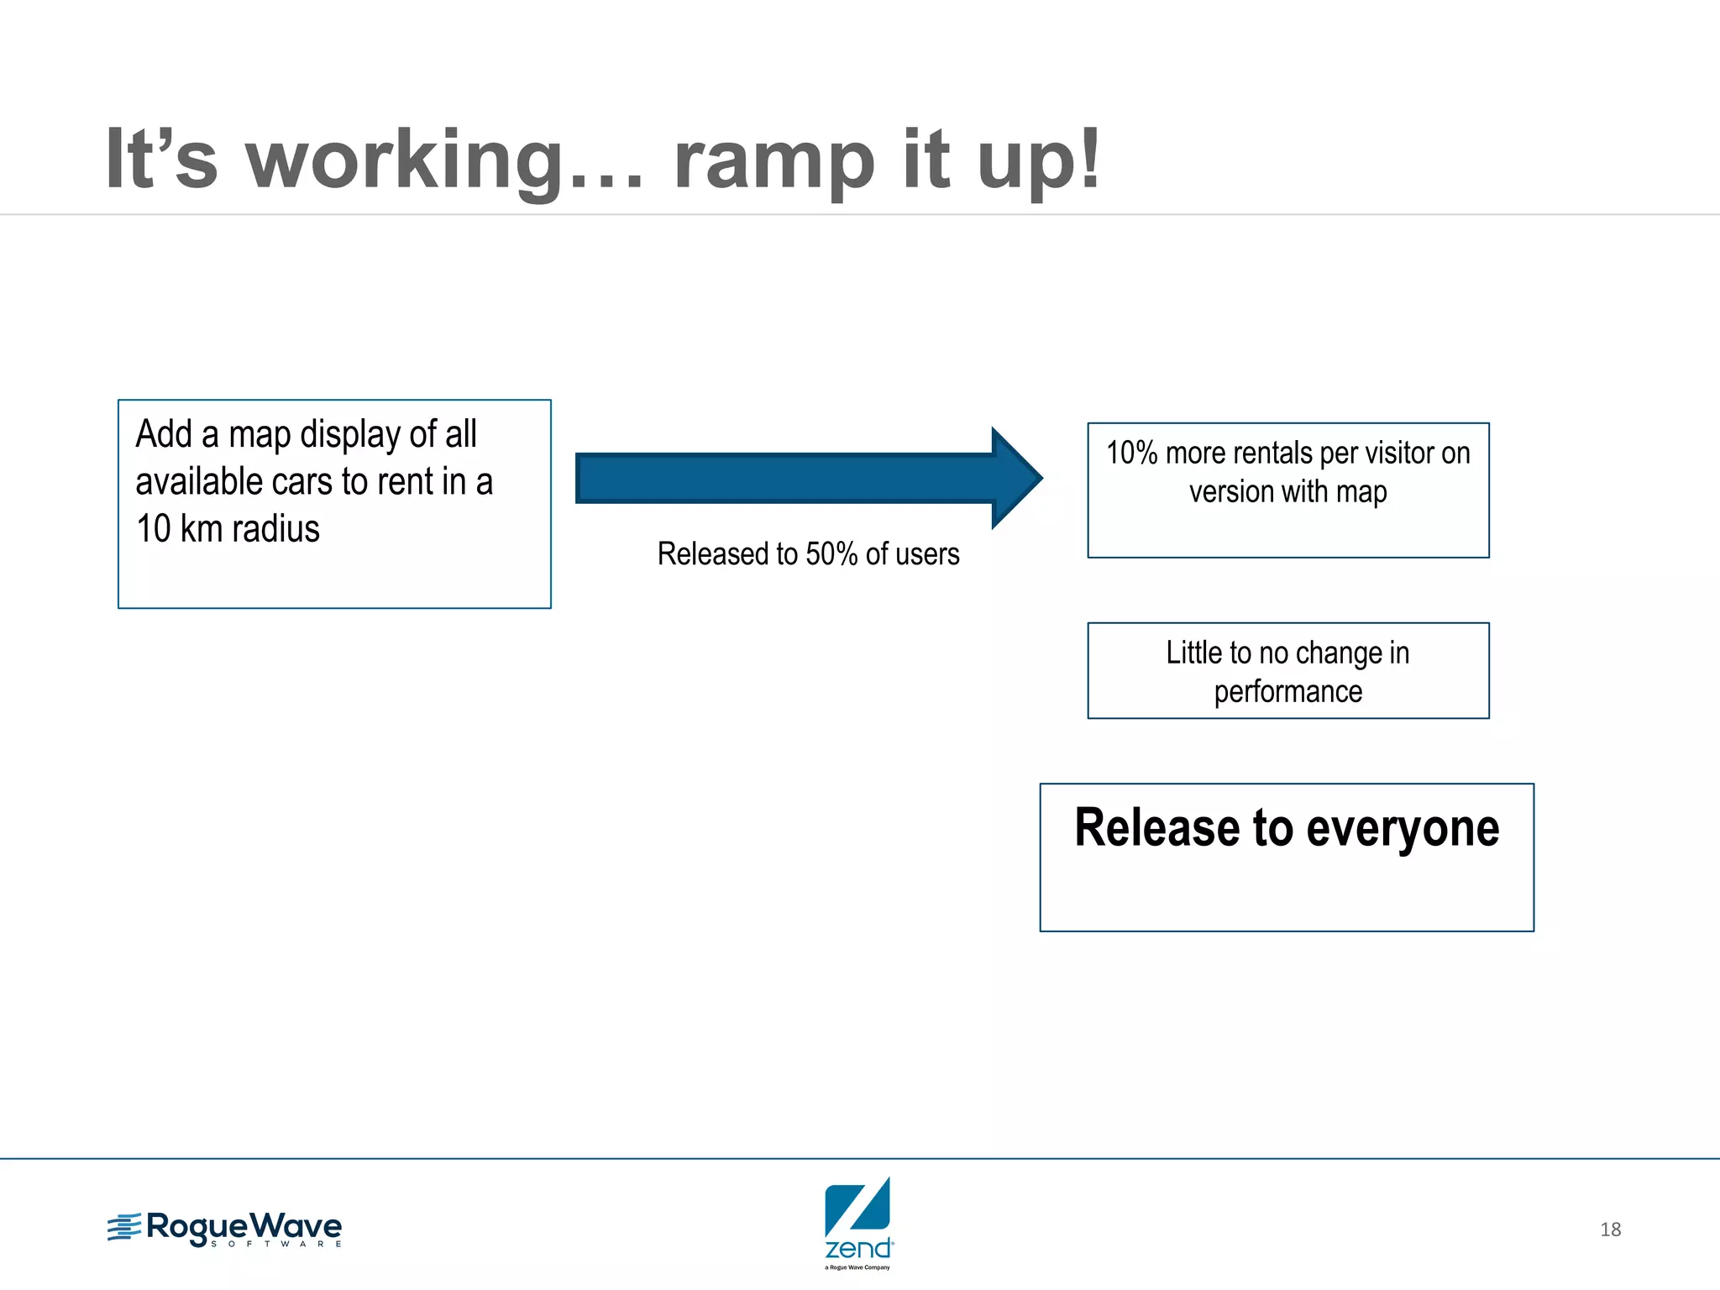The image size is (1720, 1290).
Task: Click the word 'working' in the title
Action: [x=403, y=160]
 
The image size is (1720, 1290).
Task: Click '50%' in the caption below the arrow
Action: [x=831, y=554]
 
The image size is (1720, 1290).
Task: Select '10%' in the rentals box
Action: [x=1131, y=454]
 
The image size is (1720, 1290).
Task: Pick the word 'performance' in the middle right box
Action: [x=1287, y=692]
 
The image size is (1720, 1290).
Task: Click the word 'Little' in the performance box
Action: [x=1193, y=653]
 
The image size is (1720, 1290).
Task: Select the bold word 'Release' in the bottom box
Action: [x=1157, y=828]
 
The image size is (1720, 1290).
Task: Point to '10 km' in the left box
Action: [x=179, y=529]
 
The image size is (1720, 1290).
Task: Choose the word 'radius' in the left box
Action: [x=275, y=529]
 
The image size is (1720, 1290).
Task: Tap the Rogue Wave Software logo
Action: [x=224, y=1229]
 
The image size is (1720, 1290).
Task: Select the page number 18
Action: [x=1610, y=1230]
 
